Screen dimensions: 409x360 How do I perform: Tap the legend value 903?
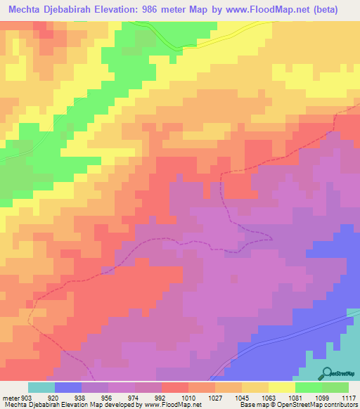point(27,397)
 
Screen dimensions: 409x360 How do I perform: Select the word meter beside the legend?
point(10,397)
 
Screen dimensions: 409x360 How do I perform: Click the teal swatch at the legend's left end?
point(41,387)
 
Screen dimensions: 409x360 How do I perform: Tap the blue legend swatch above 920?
point(68,387)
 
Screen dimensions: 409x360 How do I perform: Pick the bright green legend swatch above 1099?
point(308,387)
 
